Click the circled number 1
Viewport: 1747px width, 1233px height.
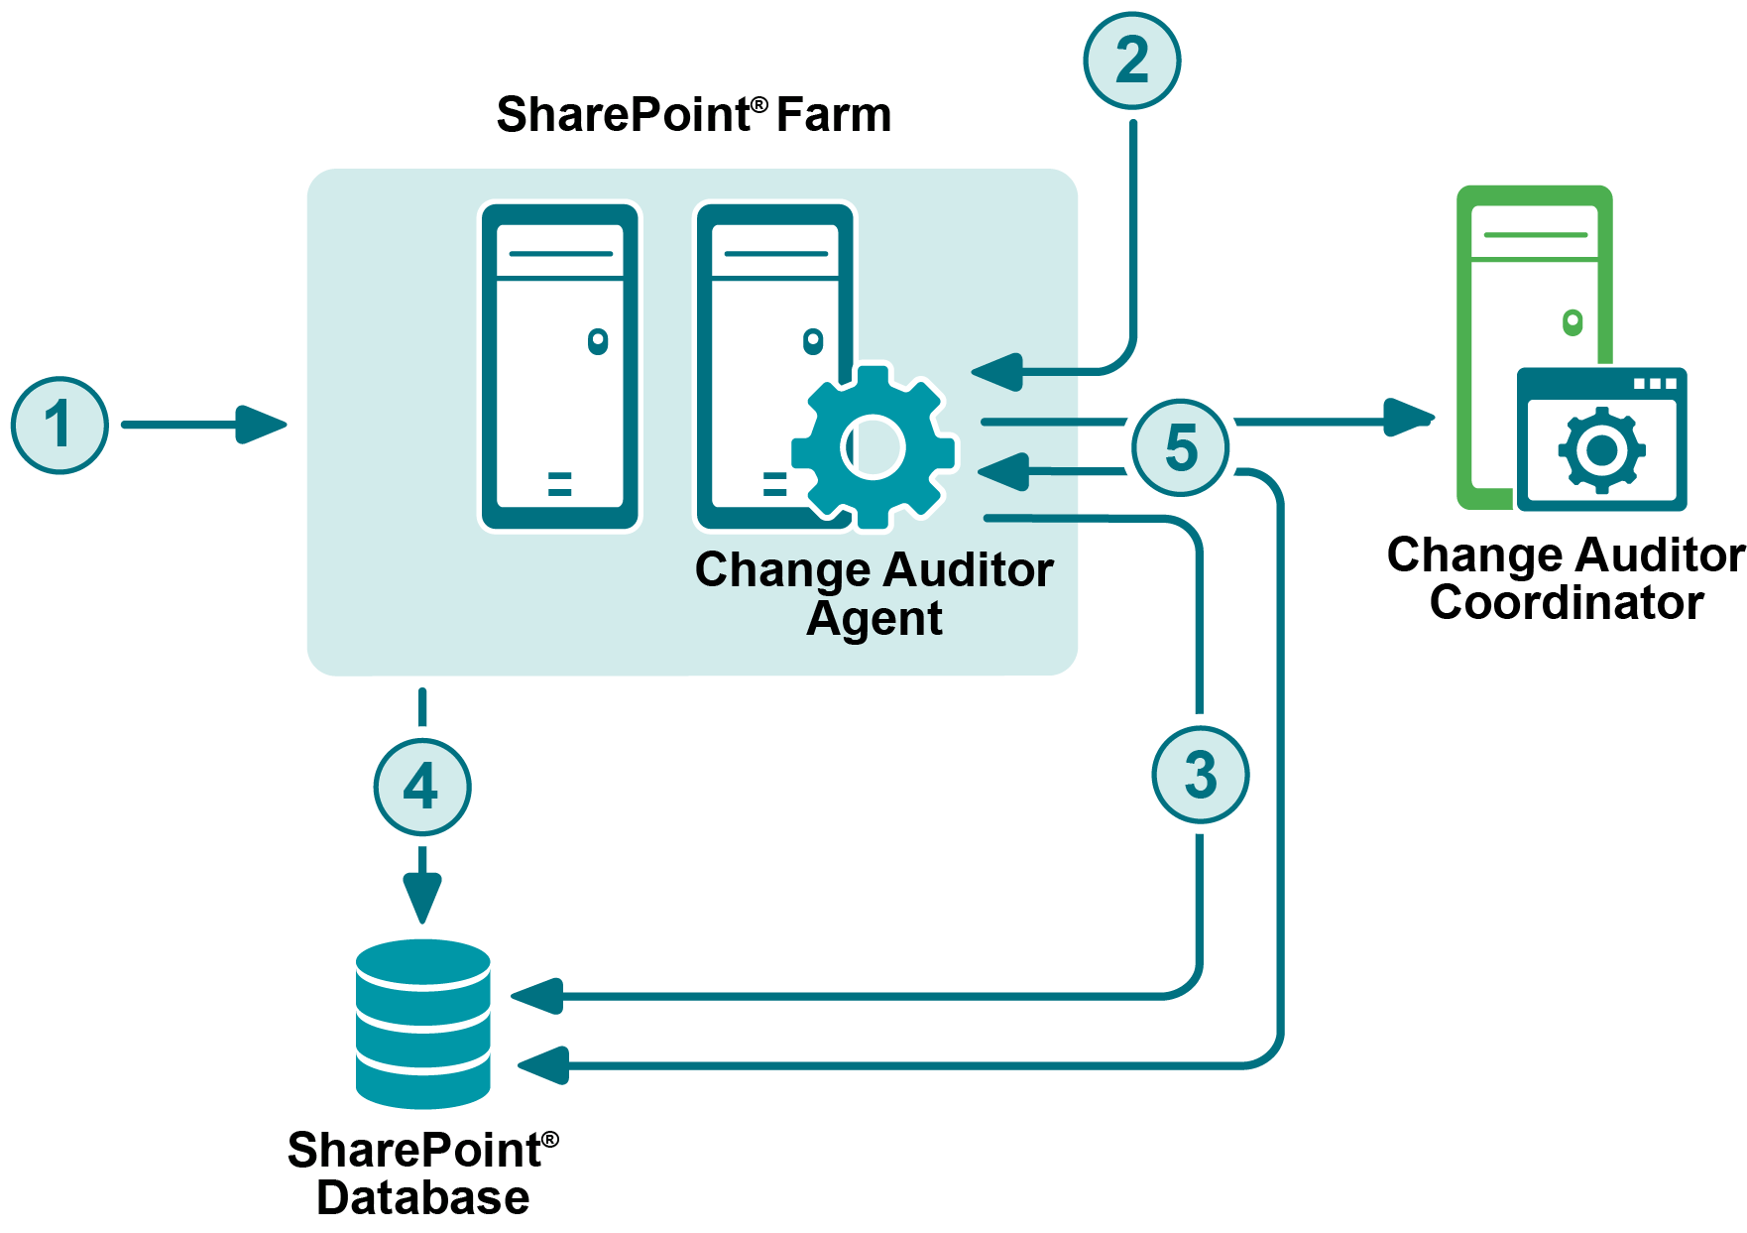[59, 425]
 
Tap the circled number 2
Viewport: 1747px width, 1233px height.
[1131, 61]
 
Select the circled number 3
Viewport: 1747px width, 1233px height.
[1200, 775]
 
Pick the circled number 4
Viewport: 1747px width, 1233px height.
[422, 788]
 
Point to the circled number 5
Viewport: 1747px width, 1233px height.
[1181, 447]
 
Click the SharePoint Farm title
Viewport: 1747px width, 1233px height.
[693, 115]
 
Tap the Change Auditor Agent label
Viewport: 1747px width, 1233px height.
[873, 593]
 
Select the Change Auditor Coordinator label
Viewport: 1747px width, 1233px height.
[1566, 578]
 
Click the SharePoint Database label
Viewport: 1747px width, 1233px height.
[423, 1172]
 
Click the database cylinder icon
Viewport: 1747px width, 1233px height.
[423, 1023]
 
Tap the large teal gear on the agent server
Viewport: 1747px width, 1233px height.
[873, 447]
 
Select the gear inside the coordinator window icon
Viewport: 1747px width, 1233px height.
[1601, 450]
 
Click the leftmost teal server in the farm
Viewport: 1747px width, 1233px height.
[560, 367]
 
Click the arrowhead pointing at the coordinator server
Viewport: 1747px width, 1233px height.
[1408, 418]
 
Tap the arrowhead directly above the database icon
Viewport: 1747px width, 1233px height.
[422, 898]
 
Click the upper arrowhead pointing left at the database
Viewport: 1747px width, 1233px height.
[538, 995]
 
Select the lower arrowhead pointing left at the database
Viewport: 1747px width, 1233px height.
[543, 1065]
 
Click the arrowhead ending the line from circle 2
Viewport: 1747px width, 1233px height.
[997, 372]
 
